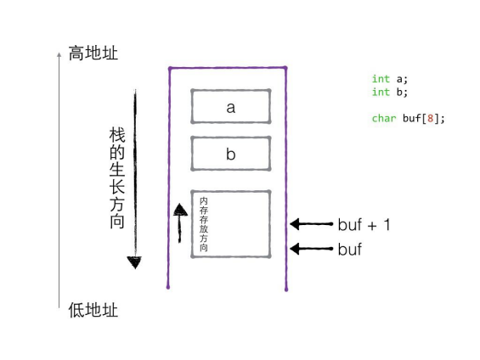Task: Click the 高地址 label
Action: (93, 53)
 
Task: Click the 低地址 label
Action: (93, 310)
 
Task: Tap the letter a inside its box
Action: (231, 108)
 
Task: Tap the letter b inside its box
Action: (231, 154)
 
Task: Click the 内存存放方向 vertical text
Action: (204, 224)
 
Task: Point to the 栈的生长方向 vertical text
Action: (117, 178)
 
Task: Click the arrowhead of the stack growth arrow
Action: (135, 262)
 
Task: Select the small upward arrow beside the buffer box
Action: (180, 223)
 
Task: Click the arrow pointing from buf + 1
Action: (311, 224)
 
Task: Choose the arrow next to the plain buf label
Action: (311, 249)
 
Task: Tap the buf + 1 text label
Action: (364, 225)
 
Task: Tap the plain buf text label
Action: (350, 249)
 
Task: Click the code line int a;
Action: (390, 79)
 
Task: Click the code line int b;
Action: (390, 92)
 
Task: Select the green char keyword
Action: (384, 118)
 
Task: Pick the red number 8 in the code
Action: (431, 118)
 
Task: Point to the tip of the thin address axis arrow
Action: (59, 53)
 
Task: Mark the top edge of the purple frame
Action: (227, 68)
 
